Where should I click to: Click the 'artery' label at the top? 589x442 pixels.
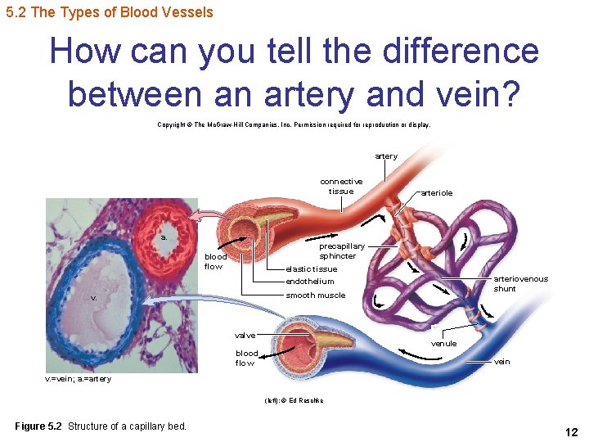tap(386, 156)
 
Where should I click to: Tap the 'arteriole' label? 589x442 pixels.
tap(436, 193)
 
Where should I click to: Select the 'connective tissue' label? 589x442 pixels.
tap(341, 186)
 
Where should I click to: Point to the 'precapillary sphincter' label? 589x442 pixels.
tap(341, 250)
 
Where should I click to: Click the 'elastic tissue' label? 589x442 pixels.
tap(311, 269)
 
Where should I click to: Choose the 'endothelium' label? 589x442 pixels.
tap(309, 282)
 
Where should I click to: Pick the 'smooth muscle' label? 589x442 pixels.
tap(315, 295)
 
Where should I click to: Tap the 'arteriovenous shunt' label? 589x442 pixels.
tap(520, 283)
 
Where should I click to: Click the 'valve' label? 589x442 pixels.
tap(245, 335)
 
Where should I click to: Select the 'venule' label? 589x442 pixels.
tap(444, 344)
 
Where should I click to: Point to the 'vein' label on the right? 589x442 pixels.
tap(501, 362)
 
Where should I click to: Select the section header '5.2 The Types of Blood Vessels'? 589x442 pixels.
tap(109, 12)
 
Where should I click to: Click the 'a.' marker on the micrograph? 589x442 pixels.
tap(164, 237)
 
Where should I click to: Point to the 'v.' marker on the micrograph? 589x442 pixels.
tap(94, 298)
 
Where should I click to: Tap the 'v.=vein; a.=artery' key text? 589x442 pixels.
tap(78, 379)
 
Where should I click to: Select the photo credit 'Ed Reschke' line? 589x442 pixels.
tap(294, 400)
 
